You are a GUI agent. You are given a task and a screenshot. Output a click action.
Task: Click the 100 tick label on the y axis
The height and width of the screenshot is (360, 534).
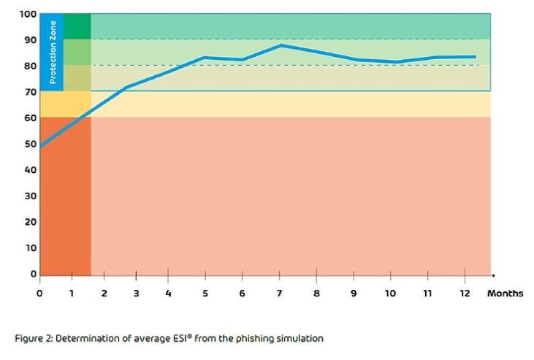(x=28, y=14)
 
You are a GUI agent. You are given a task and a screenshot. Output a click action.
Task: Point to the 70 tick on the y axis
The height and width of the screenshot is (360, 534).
(x=30, y=92)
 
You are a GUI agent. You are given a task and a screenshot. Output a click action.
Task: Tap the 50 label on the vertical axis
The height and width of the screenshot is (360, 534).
(x=30, y=144)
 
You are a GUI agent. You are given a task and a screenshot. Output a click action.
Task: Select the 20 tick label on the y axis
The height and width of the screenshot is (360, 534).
(x=30, y=222)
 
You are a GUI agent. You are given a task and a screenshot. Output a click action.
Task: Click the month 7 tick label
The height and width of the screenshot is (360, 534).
(x=279, y=293)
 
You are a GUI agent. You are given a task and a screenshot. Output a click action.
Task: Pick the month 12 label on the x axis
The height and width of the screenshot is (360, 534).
(x=465, y=293)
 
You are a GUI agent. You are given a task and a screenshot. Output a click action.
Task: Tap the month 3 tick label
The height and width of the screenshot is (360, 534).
(x=136, y=293)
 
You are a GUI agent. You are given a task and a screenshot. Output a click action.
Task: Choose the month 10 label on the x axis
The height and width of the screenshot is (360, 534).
(x=390, y=293)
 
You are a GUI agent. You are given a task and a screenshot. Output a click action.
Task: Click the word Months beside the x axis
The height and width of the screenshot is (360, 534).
(x=505, y=293)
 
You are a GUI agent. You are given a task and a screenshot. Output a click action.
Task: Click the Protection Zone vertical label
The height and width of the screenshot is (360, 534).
(x=52, y=50)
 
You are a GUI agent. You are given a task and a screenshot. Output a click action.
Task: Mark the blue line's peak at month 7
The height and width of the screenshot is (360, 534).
(x=281, y=45)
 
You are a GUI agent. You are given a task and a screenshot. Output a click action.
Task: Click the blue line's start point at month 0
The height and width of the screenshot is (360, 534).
(x=40, y=146)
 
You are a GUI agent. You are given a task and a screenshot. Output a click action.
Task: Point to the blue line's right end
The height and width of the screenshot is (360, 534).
(x=476, y=56)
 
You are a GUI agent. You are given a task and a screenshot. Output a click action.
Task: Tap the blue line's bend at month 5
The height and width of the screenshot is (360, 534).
(x=205, y=57)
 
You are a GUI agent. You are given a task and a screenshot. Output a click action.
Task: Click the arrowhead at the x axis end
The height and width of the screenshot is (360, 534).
(x=493, y=275)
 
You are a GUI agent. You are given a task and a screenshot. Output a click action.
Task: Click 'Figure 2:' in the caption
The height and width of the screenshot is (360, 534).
(x=32, y=338)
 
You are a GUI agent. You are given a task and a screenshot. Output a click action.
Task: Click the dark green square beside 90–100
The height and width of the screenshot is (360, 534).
(x=77, y=26)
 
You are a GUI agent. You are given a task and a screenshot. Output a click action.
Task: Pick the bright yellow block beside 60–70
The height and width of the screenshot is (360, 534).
(x=65, y=104)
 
